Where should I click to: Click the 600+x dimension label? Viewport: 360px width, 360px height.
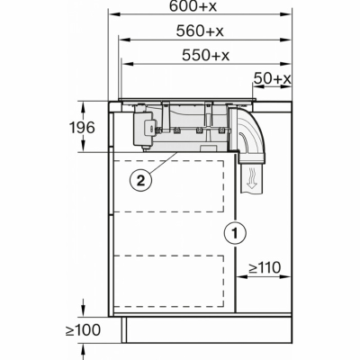pyautogui.click(x=193, y=6)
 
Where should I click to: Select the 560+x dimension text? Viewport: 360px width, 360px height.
pyautogui.click(x=200, y=31)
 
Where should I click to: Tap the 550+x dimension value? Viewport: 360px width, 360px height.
pyautogui.click(x=205, y=55)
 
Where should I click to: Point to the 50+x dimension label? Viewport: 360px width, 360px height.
pyautogui.click(x=273, y=78)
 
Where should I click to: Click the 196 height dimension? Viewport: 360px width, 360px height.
pyautogui.click(x=82, y=128)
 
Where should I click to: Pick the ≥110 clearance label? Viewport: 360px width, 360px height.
pyautogui.click(x=265, y=267)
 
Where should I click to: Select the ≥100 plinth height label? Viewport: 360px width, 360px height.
pyautogui.click(x=83, y=330)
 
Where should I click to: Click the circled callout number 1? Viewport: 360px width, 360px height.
pyautogui.click(x=236, y=233)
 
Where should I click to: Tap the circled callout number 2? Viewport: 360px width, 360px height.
pyautogui.click(x=140, y=181)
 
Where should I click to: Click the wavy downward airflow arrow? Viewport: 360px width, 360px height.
pyautogui.click(x=252, y=179)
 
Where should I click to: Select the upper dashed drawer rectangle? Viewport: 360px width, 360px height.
pyautogui.click(x=168, y=186)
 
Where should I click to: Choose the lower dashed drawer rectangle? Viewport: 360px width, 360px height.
pyautogui.click(x=168, y=281)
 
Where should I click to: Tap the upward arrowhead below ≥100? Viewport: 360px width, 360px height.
pyautogui.click(x=83, y=350)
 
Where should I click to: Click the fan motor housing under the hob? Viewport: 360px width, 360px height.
pyautogui.click(x=143, y=128)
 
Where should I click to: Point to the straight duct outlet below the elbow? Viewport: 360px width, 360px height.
pyautogui.click(x=252, y=177)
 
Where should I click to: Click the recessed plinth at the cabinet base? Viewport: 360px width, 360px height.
pyautogui.click(x=207, y=329)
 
